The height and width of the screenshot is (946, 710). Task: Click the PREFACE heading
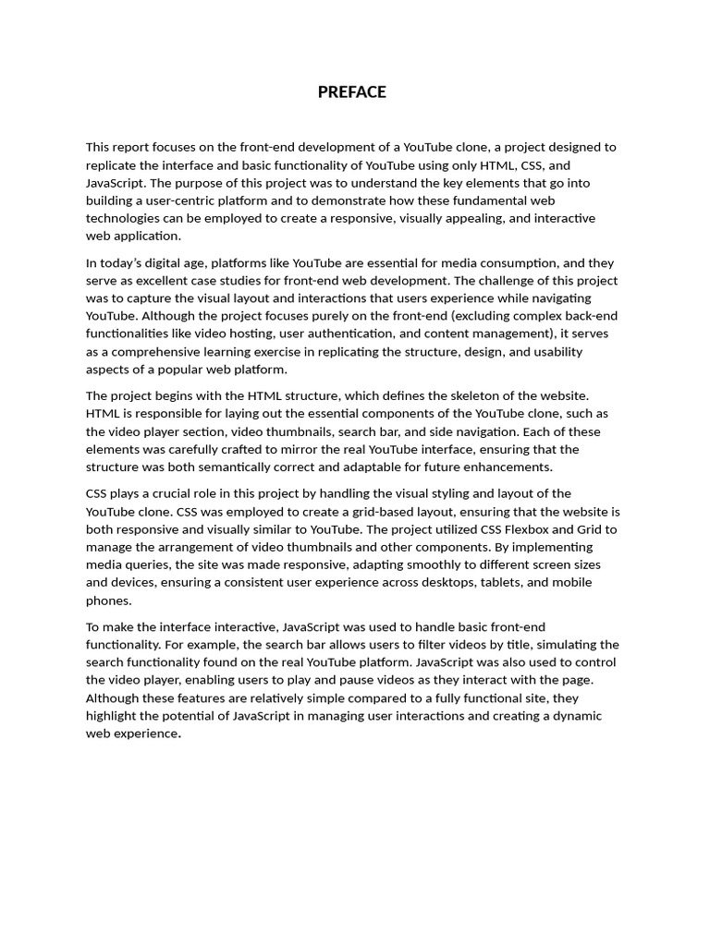coord(351,92)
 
